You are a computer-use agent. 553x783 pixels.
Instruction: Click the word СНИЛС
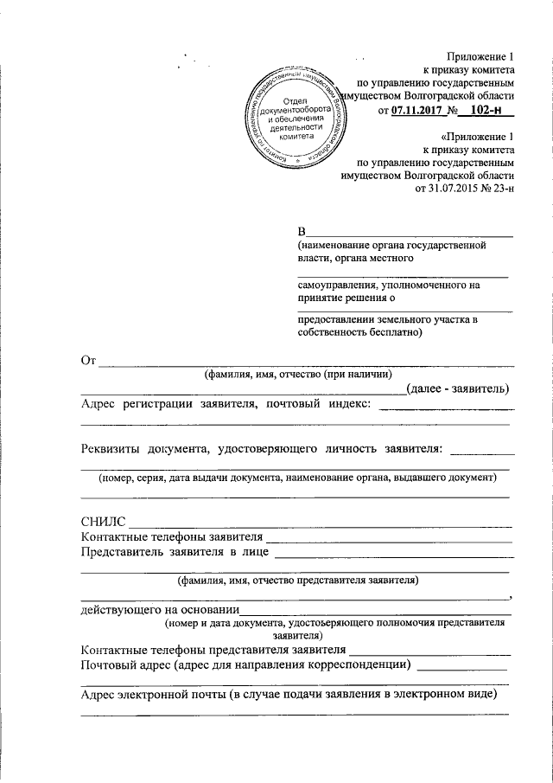(103, 522)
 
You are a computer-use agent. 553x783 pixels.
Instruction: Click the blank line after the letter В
(411, 232)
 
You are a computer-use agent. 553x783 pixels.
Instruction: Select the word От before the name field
(87, 360)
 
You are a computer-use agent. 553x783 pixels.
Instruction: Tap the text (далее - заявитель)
(457, 388)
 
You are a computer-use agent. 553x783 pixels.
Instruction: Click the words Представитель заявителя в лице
(173, 552)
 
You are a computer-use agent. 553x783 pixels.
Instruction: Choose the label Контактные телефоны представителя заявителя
(213, 650)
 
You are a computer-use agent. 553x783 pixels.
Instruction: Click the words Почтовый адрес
(124, 664)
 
